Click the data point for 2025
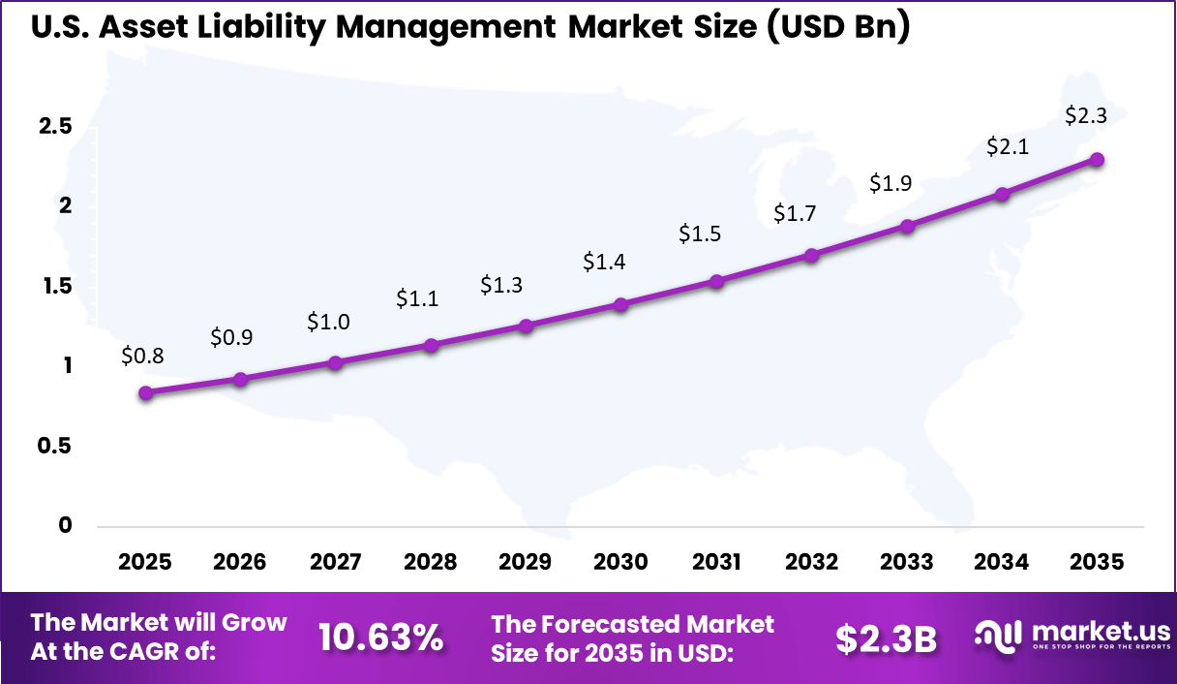pos(145,392)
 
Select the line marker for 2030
pos(620,304)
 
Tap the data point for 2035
pos(1097,160)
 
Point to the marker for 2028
pos(432,345)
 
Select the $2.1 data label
pos(1009,147)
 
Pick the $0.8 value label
pos(142,356)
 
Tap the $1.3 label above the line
pos(501,286)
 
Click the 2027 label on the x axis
pos(335,562)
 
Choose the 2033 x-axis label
pos(907,562)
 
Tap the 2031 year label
pos(716,562)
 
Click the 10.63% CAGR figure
pos(380,637)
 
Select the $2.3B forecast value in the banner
pos(886,637)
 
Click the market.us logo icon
pos(999,637)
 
